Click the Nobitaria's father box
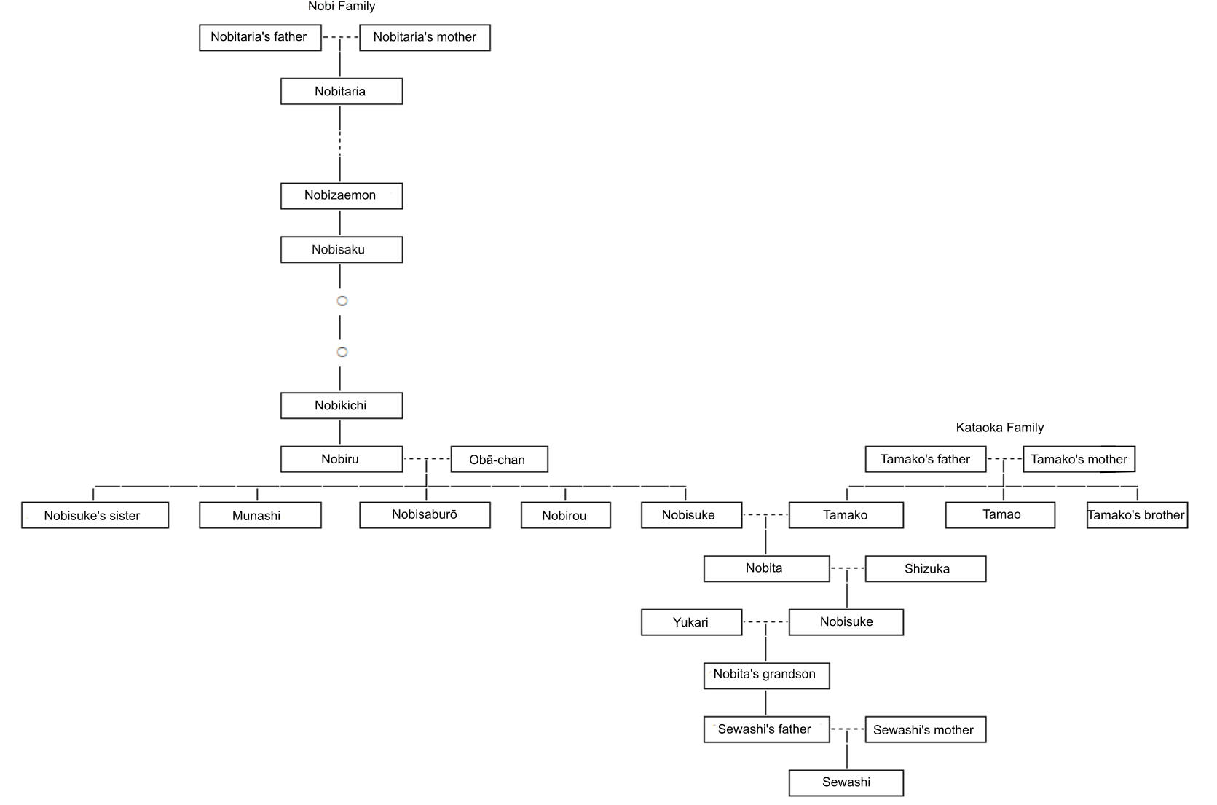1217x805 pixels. pos(260,37)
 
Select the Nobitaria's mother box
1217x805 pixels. pos(425,37)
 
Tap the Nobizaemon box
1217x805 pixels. pos(342,196)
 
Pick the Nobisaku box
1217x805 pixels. pos(342,249)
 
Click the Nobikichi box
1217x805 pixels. pos(342,406)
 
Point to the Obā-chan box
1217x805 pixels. pos(500,459)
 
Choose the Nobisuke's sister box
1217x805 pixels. pos(95,515)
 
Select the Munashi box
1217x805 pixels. pos(260,515)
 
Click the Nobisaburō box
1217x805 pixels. pos(425,515)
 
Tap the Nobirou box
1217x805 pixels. pos(566,515)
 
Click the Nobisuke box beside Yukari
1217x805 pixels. pos(846,622)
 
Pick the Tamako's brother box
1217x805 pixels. pos(1137,515)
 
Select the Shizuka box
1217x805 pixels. pos(926,568)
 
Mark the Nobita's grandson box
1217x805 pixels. pos(767,675)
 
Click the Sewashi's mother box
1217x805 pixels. pos(926,729)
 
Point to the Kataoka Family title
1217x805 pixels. pos(1000,428)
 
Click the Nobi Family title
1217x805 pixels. pos(342,7)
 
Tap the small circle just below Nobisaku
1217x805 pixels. pos(342,301)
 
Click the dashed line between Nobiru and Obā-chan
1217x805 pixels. pos(427,459)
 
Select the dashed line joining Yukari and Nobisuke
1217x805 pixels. pos(765,622)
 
